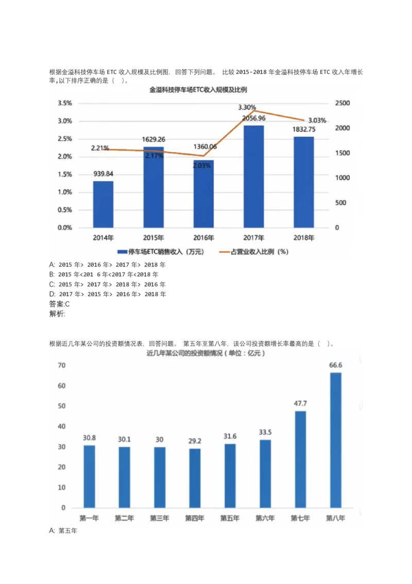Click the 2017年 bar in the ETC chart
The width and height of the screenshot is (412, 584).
253,176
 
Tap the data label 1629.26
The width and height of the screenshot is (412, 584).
153,139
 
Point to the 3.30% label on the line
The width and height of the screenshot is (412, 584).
247,107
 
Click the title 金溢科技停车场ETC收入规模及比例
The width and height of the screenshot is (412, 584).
198,90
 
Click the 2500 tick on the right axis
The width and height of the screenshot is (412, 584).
342,103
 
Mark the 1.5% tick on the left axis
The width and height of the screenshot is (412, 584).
64,174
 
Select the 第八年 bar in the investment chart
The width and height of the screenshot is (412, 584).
335,440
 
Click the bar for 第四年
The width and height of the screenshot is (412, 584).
195,478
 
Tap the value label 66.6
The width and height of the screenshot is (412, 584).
335,365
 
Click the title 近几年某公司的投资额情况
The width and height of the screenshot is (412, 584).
205,353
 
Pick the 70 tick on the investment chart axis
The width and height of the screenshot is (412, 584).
62,366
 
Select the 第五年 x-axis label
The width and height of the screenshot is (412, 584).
230,518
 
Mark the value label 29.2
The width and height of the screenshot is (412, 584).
195,441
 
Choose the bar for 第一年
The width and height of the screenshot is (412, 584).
89,476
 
